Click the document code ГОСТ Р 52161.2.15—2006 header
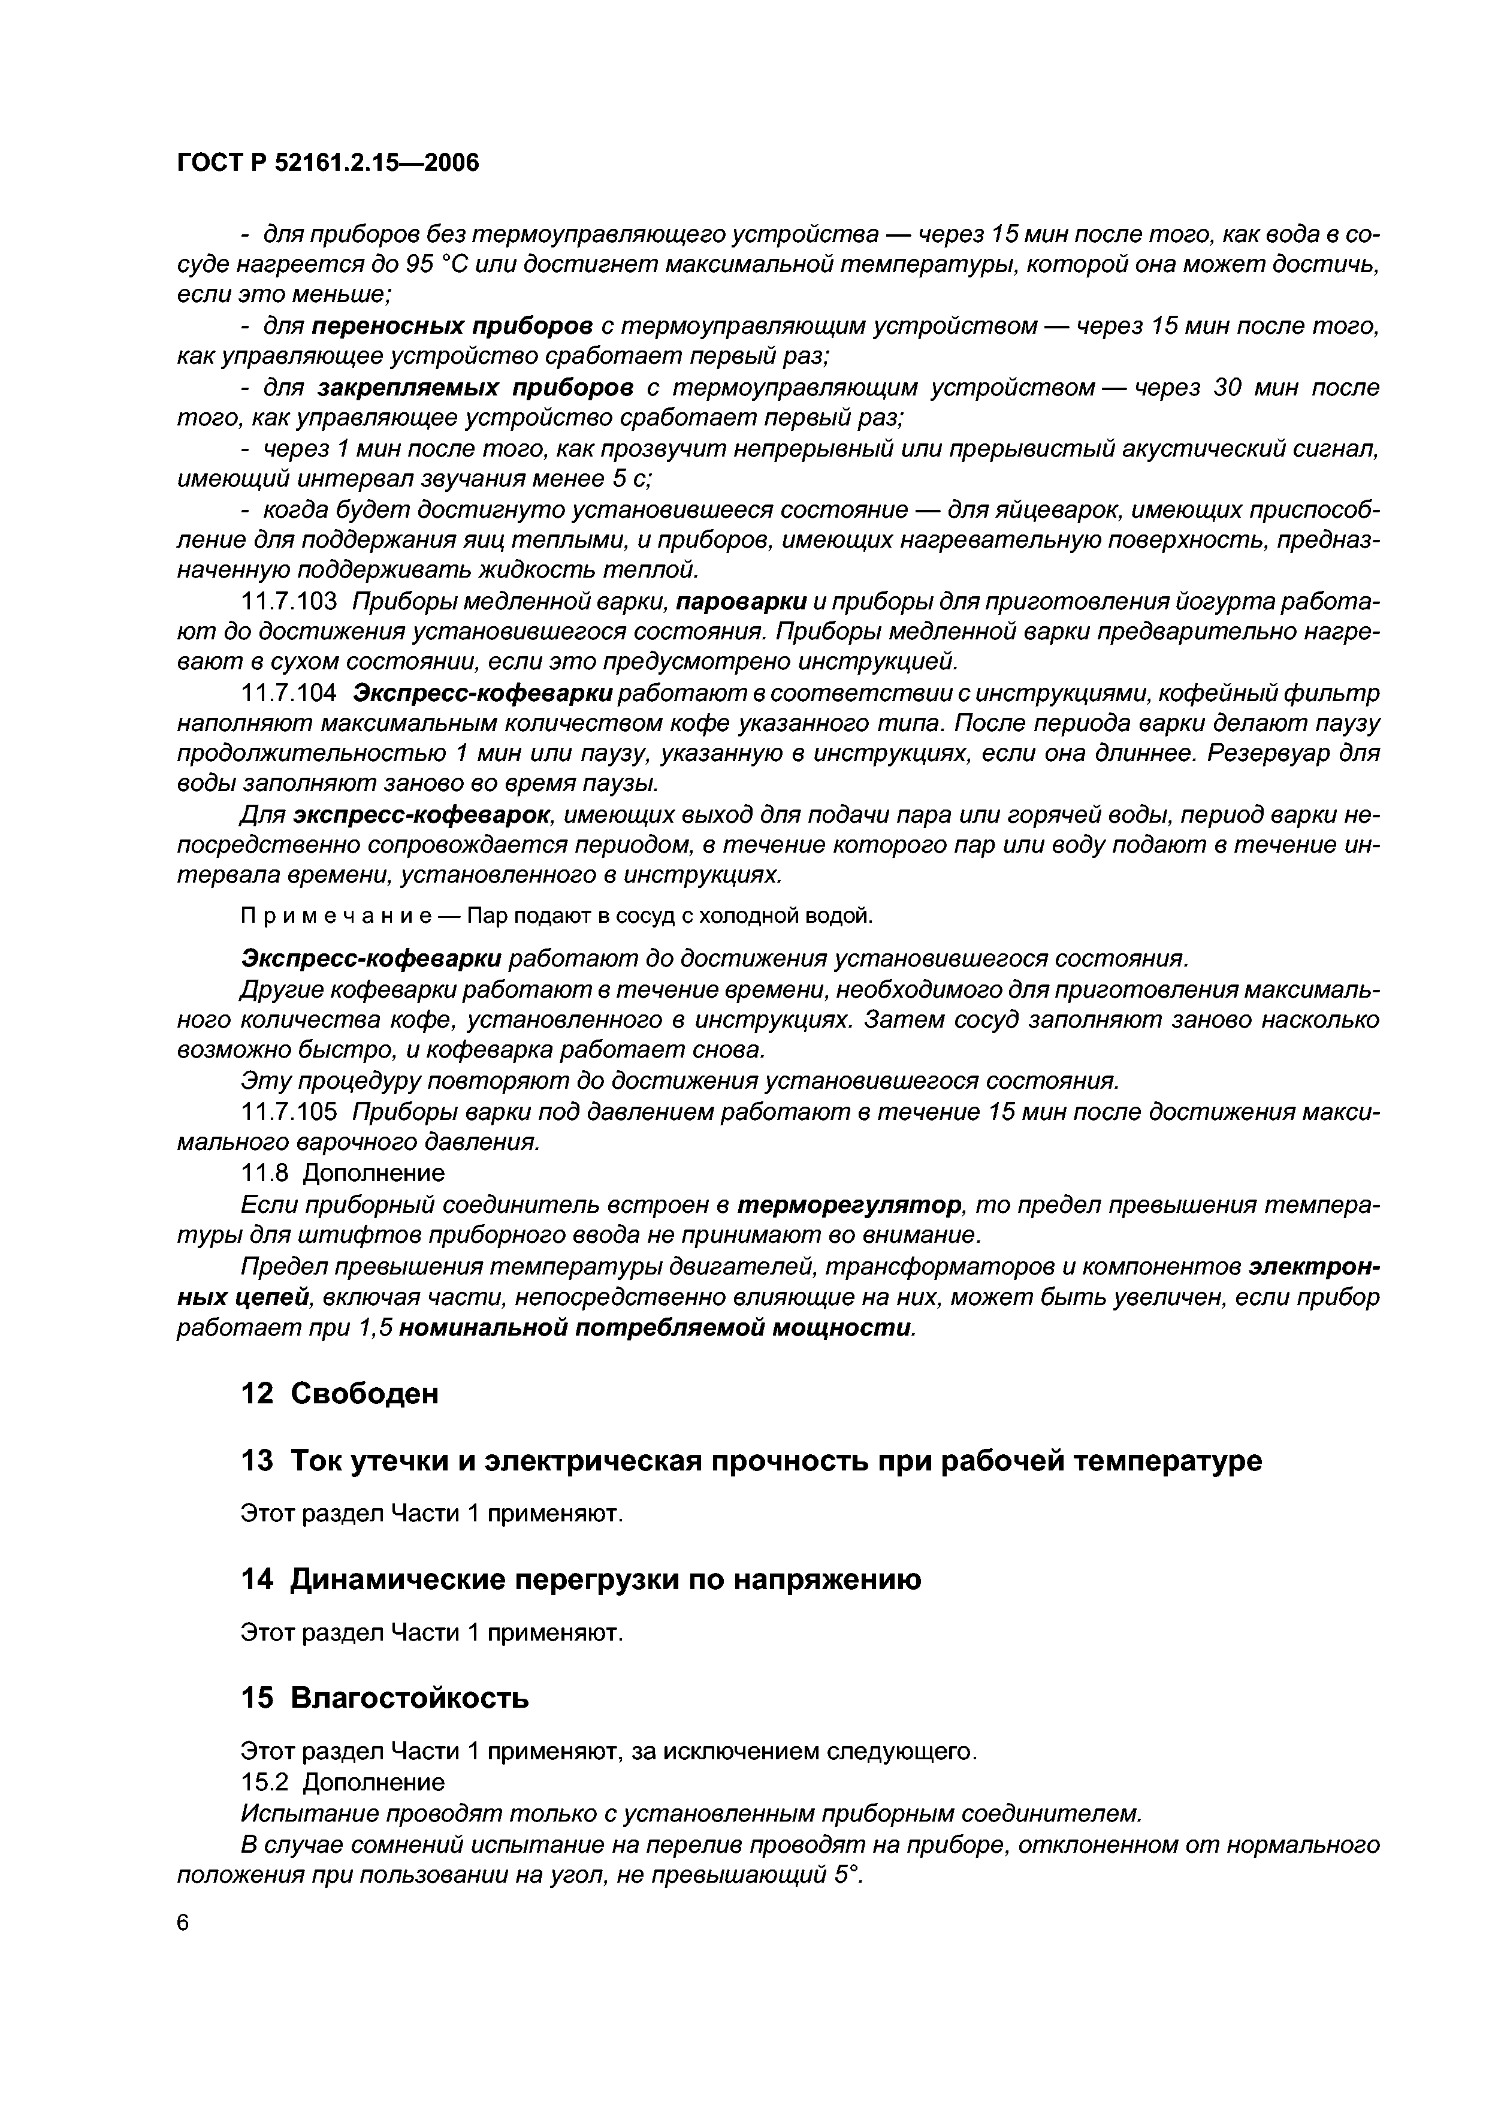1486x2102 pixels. point(327,163)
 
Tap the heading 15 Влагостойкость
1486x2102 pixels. point(385,1698)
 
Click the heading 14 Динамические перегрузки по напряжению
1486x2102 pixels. point(581,1579)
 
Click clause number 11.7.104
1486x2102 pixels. point(288,693)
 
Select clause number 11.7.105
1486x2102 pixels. point(288,1112)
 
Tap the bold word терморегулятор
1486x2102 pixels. point(850,1204)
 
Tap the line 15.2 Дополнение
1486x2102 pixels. point(342,1781)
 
